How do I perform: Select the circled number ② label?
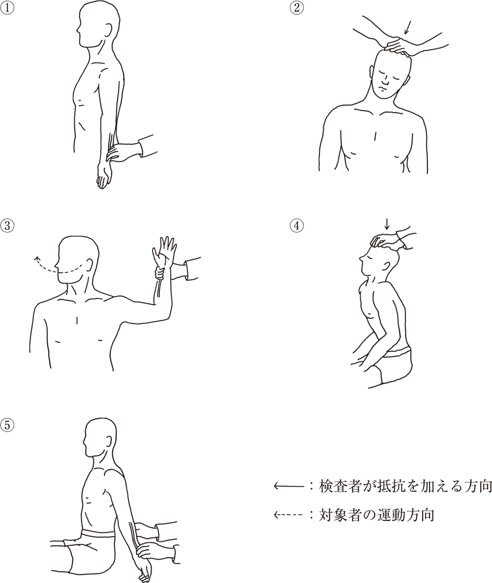[x=297, y=8]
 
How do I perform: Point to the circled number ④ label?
[x=297, y=225]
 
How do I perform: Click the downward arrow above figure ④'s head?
[x=387, y=223]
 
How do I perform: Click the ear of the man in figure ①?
[x=109, y=31]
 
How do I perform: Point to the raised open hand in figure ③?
[x=164, y=251]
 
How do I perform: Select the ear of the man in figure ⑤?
[x=109, y=440]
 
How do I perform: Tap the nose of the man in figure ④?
[x=361, y=256]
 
